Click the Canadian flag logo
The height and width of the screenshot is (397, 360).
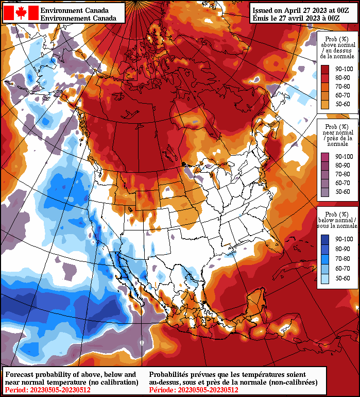[21, 13]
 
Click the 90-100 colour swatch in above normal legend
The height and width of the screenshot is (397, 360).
[325, 69]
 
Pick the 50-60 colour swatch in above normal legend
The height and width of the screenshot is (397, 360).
[325, 104]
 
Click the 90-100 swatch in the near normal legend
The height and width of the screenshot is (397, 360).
[325, 157]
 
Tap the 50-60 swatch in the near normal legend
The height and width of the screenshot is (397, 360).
[325, 192]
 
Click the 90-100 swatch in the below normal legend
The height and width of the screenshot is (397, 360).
[325, 239]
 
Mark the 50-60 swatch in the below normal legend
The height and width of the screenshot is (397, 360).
[325, 278]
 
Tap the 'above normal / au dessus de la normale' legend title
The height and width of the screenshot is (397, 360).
[335, 47]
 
